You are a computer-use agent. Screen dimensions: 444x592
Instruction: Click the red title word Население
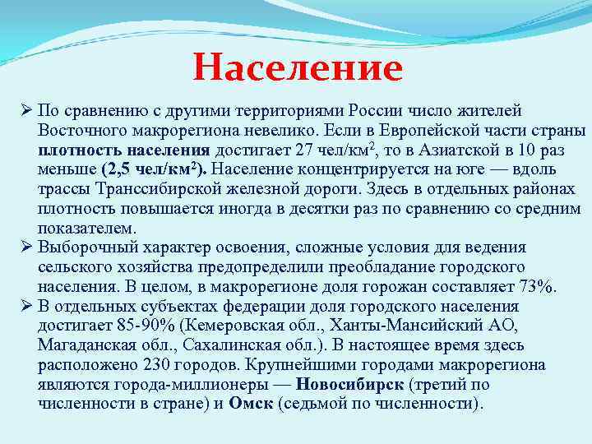(x=298, y=67)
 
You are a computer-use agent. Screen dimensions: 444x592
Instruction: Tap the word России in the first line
(x=374, y=111)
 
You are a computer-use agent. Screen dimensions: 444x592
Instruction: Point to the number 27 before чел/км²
(x=305, y=149)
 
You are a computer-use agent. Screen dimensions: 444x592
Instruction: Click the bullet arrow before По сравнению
(x=26, y=112)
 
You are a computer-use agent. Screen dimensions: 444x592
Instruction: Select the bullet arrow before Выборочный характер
(x=26, y=247)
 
